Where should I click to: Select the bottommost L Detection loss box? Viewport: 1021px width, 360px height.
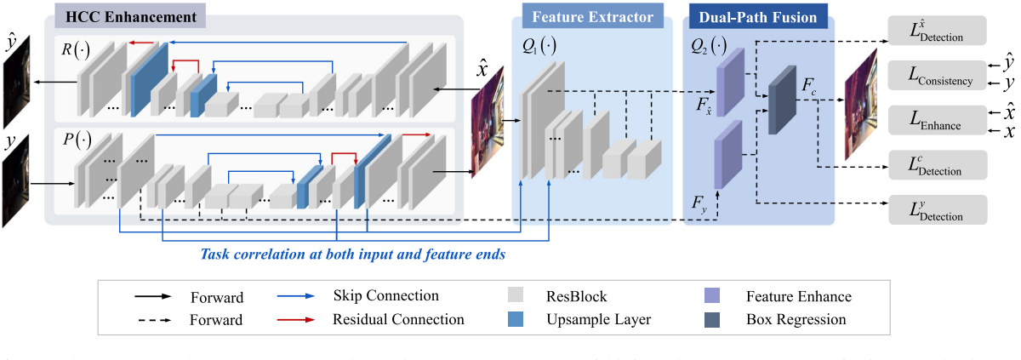point(937,209)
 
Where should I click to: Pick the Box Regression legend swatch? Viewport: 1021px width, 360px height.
point(713,320)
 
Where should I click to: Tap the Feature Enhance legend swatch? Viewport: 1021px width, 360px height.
point(713,297)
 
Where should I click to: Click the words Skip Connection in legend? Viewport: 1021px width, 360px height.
point(386,296)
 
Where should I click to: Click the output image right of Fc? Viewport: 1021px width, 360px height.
point(860,105)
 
